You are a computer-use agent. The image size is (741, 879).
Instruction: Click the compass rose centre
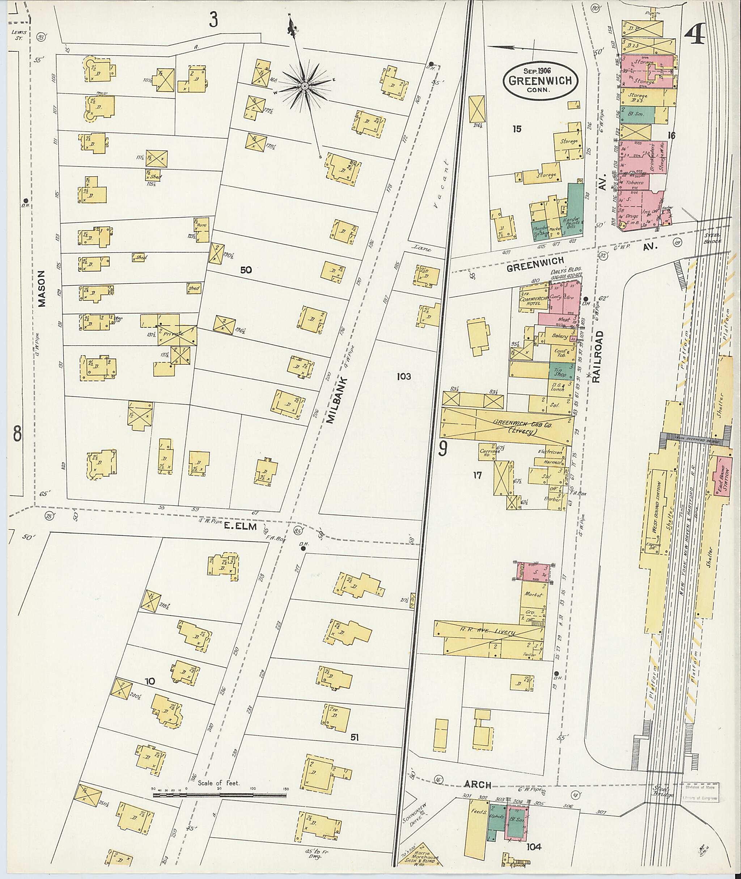305,86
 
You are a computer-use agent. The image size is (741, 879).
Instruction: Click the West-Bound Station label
659,508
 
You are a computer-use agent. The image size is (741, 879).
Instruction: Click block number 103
403,376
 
